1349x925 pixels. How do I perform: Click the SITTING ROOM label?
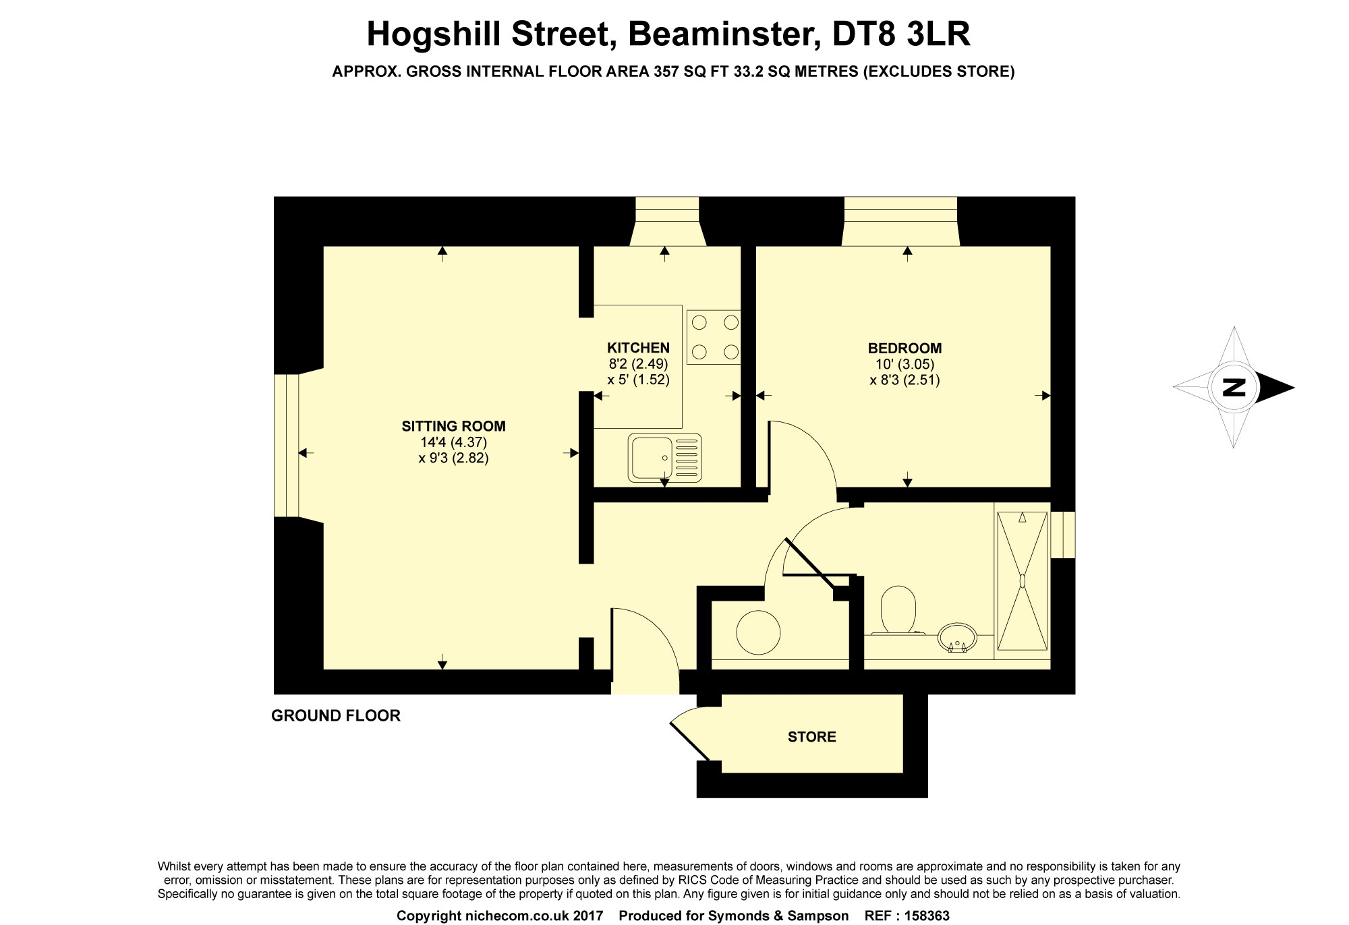point(453,426)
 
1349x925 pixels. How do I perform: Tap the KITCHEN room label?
point(638,348)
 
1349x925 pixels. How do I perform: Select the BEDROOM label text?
point(905,349)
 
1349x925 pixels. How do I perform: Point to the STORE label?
point(812,737)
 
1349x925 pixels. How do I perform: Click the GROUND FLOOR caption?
point(336,715)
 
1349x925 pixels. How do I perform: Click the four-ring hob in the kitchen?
point(714,337)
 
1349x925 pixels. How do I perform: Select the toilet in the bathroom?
point(898,611)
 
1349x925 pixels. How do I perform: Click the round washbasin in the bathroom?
point(957,638)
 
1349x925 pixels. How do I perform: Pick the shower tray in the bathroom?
point(1022,580)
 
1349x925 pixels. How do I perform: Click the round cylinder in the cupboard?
point(758,632)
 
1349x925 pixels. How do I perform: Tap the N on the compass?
point(1234,388)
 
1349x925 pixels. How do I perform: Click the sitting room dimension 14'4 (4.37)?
point(453,442)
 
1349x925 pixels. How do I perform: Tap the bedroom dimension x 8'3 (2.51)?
point(905,380)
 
